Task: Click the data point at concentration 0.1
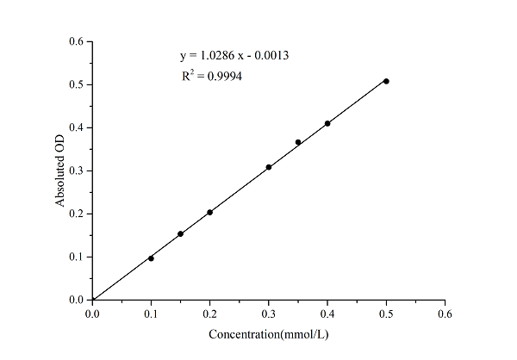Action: [x=151, y=258]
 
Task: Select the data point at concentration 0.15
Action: [x=180, y=233]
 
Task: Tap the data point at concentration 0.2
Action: [x=209, y=212]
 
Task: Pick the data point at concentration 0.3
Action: [x=269, y=167]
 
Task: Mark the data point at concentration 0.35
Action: [x=298, y=142]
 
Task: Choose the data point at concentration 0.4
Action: [x=327, y=123]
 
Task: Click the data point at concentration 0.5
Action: [x=386, y=81]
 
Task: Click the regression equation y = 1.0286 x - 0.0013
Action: [x=234, y=56]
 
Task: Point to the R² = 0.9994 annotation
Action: [x=212, y=76]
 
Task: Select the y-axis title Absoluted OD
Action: [x=60, y=171]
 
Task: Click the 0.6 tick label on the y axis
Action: [x=76, y=41]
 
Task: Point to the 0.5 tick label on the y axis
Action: [x=76, y=84]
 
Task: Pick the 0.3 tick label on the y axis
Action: [x=76, y=171]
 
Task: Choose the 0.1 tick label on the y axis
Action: [x=76, y=257]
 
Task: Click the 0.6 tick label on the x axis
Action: [x=445, y=314]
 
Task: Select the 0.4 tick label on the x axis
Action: [x=327, y=314]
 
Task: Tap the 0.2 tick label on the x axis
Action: [x=209, y=314]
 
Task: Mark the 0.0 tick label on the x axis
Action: [x=92, y=314]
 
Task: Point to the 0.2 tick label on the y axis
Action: [x=76, y=214]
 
